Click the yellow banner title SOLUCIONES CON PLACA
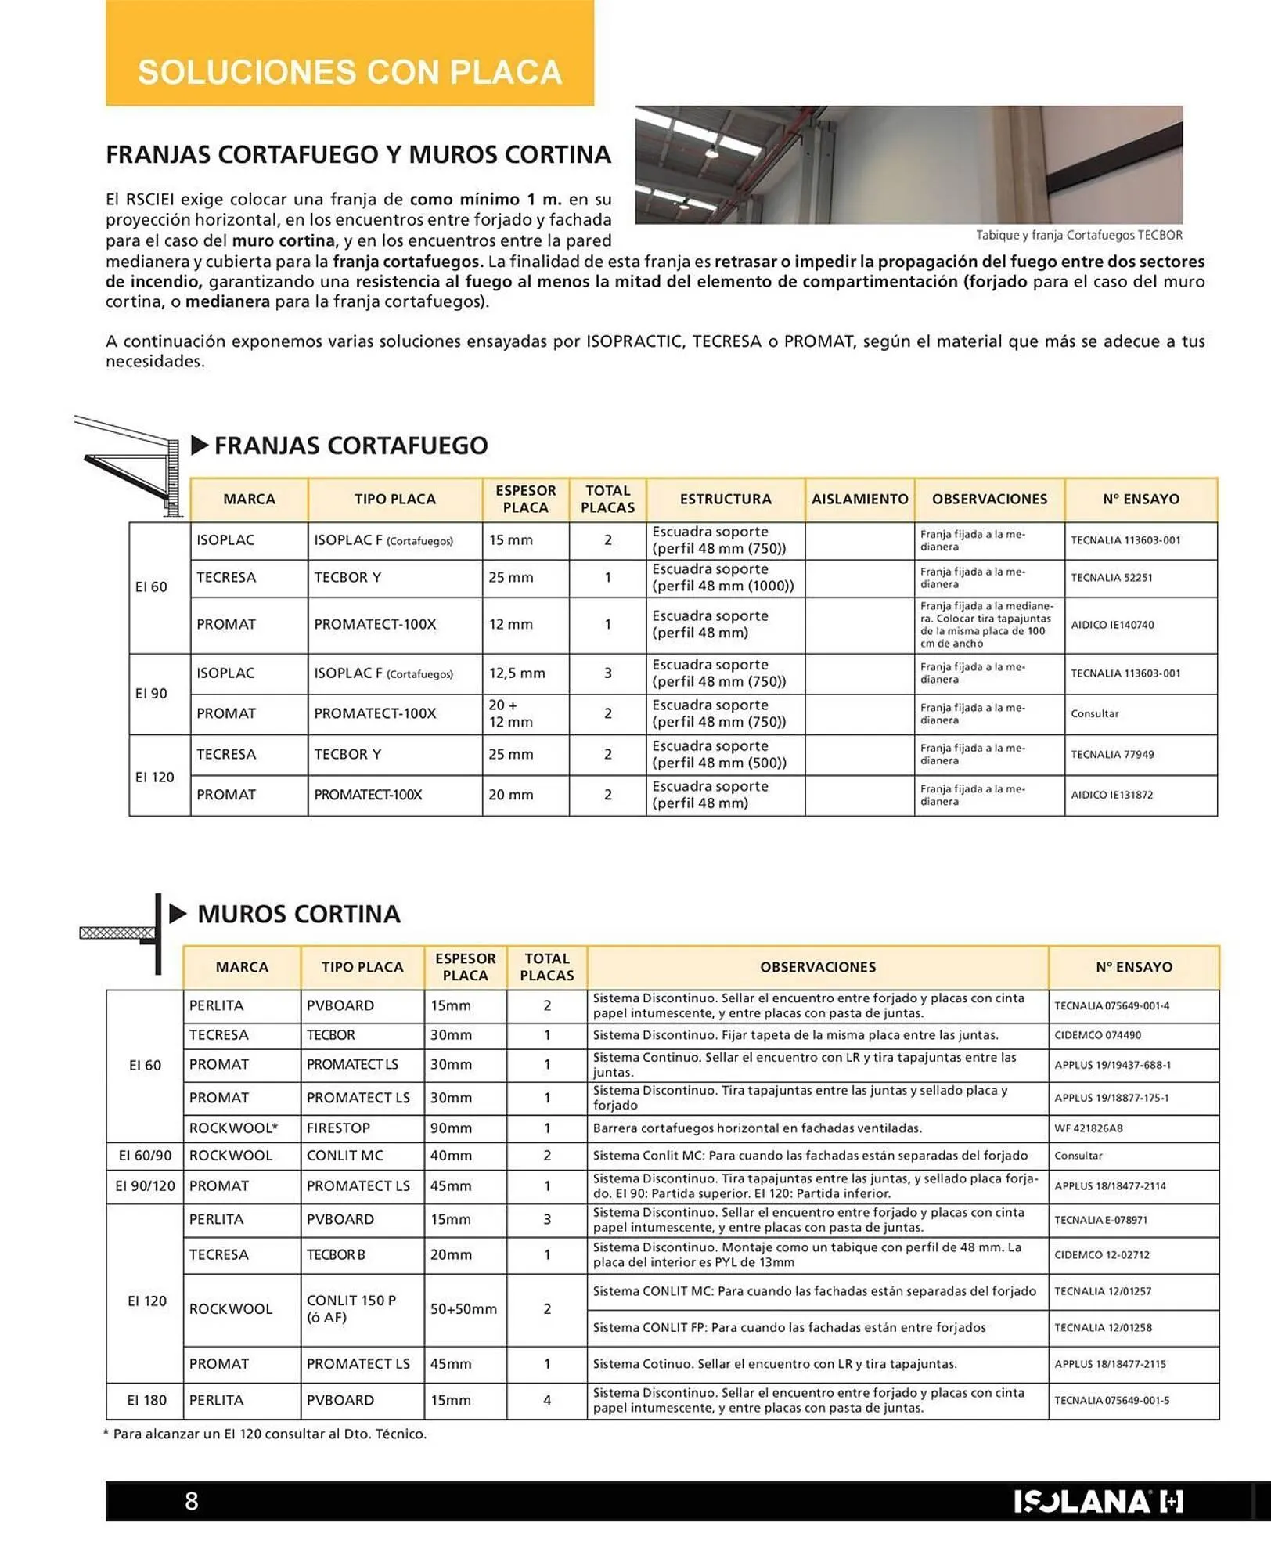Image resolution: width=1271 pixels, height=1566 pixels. tap(350, 72)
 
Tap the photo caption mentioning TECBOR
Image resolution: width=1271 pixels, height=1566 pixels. tap(1078, 235)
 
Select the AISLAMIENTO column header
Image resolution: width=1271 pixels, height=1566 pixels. tap(859, 500)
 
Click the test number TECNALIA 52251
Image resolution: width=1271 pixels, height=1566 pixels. tap(1111, 578)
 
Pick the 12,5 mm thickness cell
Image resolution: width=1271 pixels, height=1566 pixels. tap(517, 673)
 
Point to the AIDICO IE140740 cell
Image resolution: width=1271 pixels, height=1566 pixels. tap(1112, 625)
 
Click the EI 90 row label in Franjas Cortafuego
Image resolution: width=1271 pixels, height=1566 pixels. tap(151, 694)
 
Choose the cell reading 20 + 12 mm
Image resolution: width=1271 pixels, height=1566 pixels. tap(510, 713)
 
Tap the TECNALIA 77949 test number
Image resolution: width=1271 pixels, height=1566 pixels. tap(1111, 755)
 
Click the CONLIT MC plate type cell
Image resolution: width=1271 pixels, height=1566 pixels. tap(345, 1156)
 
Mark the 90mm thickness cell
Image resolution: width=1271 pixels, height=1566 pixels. tap(451, 1128)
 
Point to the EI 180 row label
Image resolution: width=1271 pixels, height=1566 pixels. tap(147, 1400)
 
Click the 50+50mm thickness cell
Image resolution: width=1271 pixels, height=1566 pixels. tap(463, 1309)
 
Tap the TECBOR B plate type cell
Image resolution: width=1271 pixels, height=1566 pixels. tap(336, 1254)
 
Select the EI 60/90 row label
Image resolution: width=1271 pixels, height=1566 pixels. tap(145, 1156)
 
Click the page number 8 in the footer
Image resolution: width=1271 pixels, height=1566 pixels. tap(192, 1501)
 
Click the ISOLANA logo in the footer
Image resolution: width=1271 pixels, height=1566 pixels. tap(1098, 1501)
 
